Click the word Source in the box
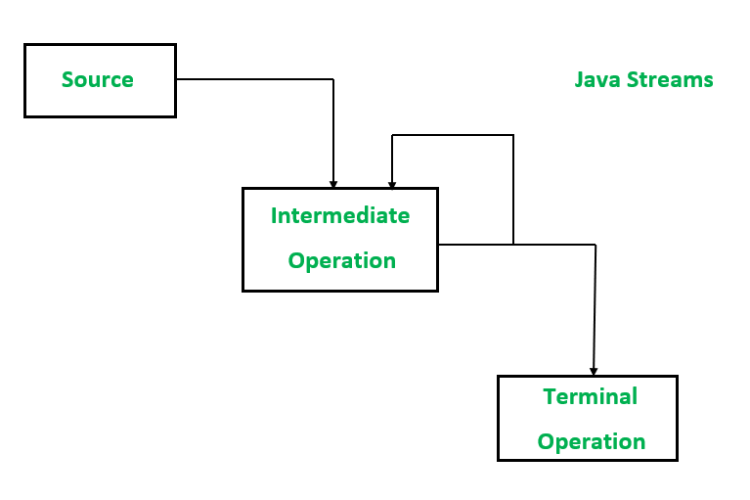coord(98,79)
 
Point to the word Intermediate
coord(340,215)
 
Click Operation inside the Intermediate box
coord(341,260)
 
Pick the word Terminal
coord(590,396)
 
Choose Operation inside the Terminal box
coord(592,441)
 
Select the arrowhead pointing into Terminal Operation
coord(593,371)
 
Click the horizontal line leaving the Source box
coord(254,79)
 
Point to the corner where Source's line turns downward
coord(333,79)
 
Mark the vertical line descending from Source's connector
coord(333,132)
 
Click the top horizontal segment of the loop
coord(453,135)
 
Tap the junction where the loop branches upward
coord(513,245)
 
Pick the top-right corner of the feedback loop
coord(513,135)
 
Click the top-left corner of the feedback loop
coord(392,135)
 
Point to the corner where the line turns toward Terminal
coord(595,245)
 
